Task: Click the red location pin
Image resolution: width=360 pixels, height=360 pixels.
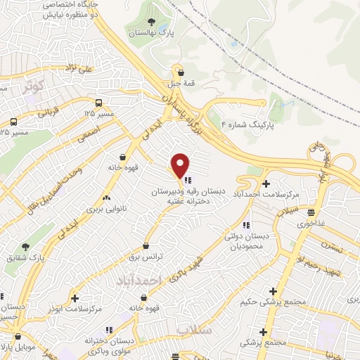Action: [180, 165]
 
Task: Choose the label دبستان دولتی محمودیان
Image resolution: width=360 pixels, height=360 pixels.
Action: [243, 243]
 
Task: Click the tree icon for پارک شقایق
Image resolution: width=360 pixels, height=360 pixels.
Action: [25, 247]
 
